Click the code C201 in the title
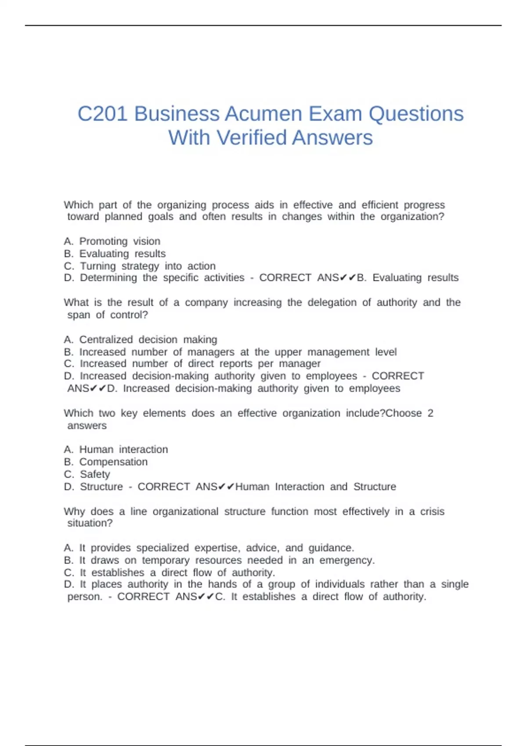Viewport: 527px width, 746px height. pyautogui.click(x=102, y=114)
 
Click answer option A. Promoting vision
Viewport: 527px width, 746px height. pyautogui.click(x=112, y=241)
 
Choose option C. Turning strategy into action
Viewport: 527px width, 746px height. pyautogui.click(x=140, y=266)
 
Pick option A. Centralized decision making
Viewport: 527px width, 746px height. pyautogui.click(x=141, y=340)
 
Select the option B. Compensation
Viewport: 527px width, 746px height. pyautogui.click(x=106, y=462)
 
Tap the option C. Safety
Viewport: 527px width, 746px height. pyautogui.click(x=87, y=474)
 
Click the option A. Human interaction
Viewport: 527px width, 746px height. pyautogui.click(x=116, y=449)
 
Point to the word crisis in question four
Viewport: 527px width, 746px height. pyautogui.click(x=432, y=512)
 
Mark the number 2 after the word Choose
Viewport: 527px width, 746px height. pyautogui.click(x=430, y=413)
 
